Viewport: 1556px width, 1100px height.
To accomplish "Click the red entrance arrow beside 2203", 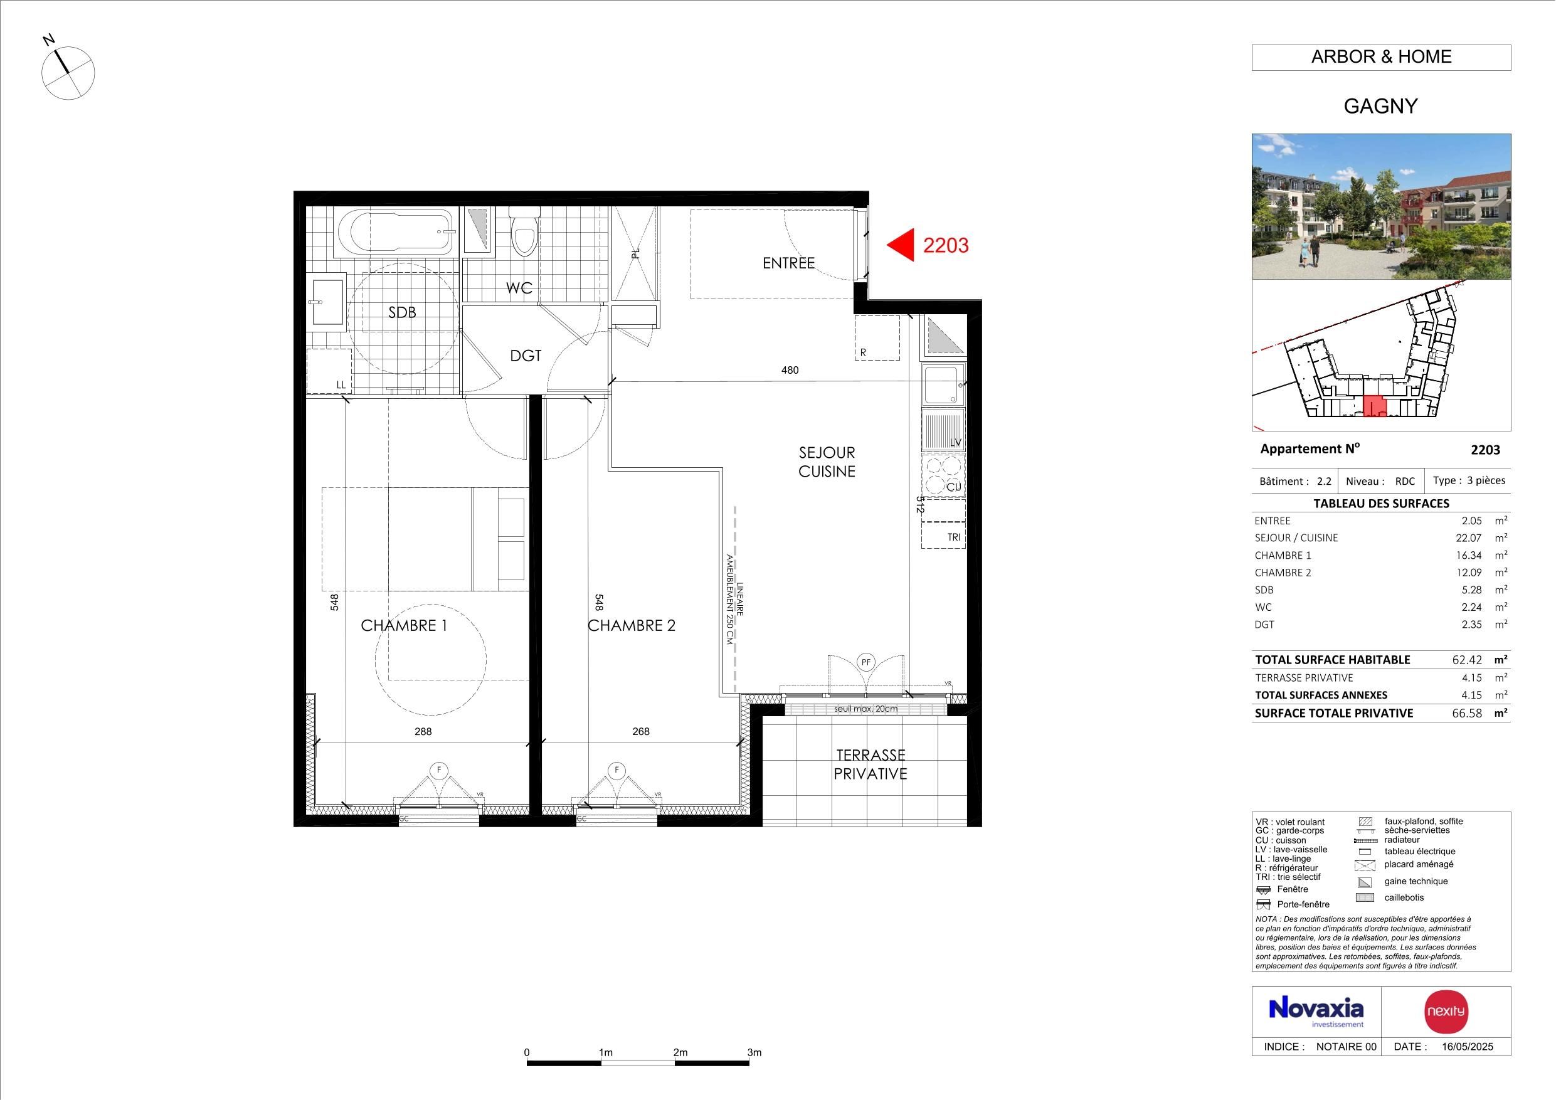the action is pyautogui.click(x=901, y=245).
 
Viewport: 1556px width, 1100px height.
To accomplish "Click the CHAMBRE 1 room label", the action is pyautogui.click(x=404, y=625).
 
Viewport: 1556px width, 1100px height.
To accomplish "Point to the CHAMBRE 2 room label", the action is pyautogui.click(x=632, y=625).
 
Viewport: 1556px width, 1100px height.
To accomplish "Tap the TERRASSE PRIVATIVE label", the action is pyautogui.click(x=870, y=764).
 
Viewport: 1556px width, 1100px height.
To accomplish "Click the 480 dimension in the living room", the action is pyautogui.click(x=790, y=370).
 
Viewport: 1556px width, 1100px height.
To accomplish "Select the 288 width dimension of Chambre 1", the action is pyautogui.click(x=423, y=731).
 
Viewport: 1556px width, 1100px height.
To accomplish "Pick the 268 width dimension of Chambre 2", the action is pyautogui.click(x=640, y=731).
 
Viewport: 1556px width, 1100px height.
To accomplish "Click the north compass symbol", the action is pyautogui.click(x=68, y=73).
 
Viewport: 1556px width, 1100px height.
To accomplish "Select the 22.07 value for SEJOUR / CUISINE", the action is pyautogui.click(x=1469, y=538).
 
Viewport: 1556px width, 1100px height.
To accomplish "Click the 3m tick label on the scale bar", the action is pyautogui.click(x=754, y=1052).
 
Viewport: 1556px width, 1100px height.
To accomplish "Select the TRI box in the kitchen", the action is pyautogui.click(x=943, y=536).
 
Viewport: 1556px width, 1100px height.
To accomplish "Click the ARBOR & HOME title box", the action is pyautogui.click(x=1381, y=58).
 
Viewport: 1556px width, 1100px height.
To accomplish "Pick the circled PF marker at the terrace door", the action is pyautogui.click(x=865, y=662).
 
